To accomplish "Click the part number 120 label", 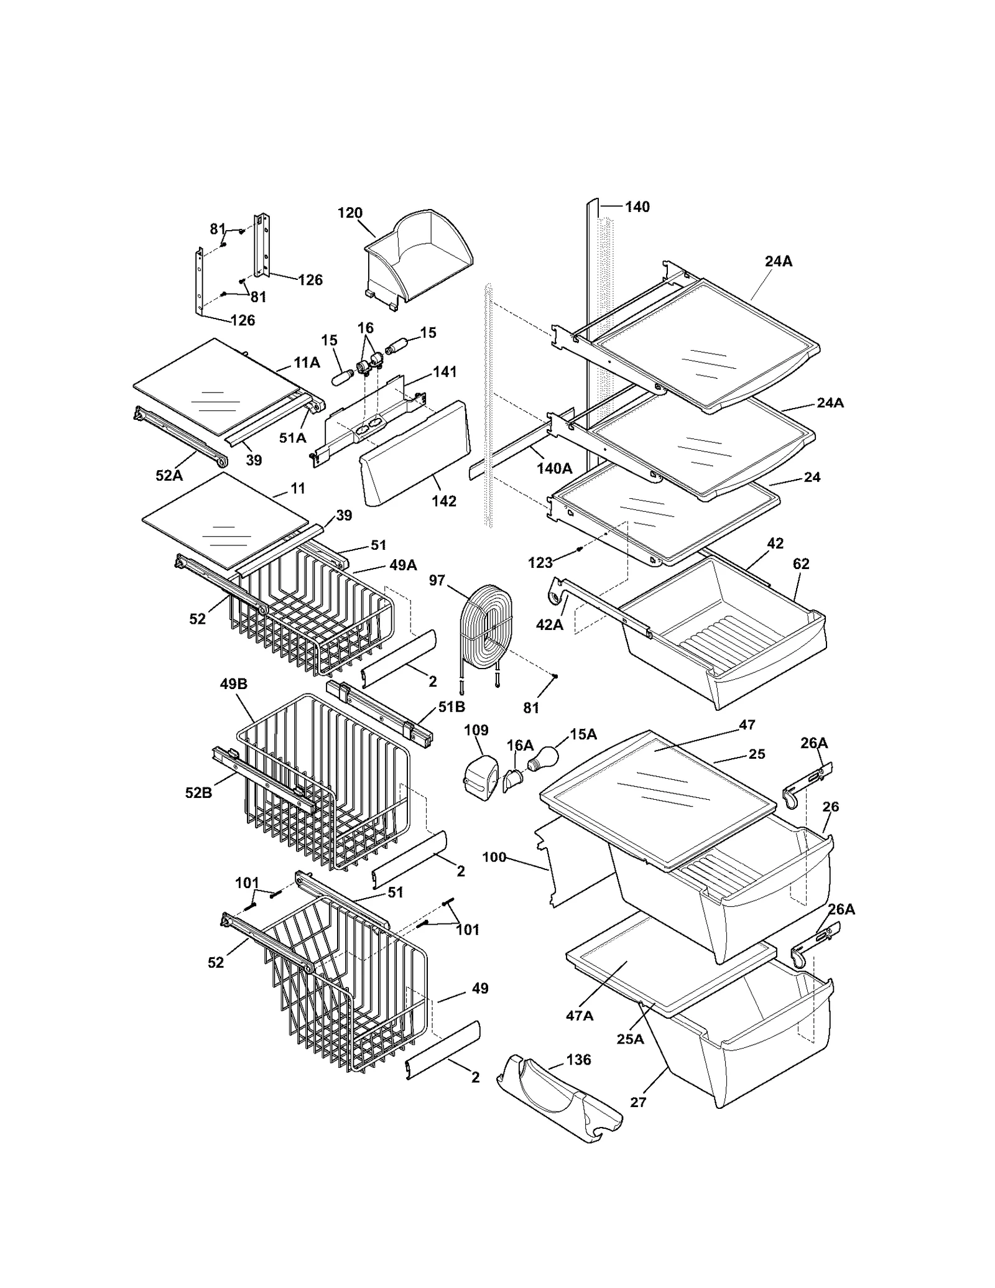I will click(x=349, y=213).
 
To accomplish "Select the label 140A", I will click(x=554, y=468).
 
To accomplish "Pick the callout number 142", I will click(x=444, y=501).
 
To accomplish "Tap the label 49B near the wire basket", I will click(x=233, y=684).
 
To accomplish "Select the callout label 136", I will click(x=578, y=1060).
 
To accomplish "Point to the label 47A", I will click(x=579, y=1016).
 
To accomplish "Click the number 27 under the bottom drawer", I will click(x=638, y=1102).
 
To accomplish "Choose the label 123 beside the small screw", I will click(x=540, y=563).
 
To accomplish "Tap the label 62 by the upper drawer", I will click(x=801, y=564).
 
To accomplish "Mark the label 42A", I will click(x=549, y=624).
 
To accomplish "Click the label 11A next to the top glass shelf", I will click(x=307, y=363).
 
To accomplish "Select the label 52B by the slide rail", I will click(x=198, y=793).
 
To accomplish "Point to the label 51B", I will click(x=451, y=707).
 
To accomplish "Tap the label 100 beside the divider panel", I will click(x=494, y=858).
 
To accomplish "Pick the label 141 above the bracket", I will click(x=445, y=372).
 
